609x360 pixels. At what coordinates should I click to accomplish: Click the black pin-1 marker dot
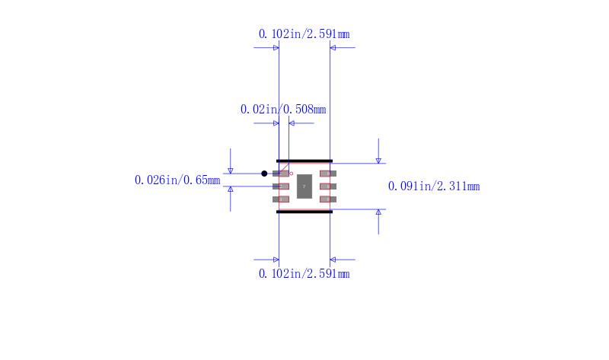pos(264,174)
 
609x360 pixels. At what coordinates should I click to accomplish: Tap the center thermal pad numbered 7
pos(304,186)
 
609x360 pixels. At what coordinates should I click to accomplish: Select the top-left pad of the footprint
pos(282,174)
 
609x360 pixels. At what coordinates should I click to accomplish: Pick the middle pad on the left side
pos(282,186)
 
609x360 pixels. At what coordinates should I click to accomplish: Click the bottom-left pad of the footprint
pos(282,199)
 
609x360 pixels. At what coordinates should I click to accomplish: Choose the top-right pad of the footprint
pos(328,174)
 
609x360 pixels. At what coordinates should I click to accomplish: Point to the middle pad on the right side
pos(328,186)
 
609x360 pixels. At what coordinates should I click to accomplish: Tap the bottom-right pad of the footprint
pos(328,199)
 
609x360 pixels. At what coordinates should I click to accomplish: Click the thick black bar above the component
pos(304,161)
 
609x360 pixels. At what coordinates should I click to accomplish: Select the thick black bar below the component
pos(304,212)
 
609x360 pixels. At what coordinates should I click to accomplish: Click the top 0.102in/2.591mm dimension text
pos(304,34)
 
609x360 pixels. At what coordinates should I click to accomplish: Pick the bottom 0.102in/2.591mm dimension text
pos(304,274)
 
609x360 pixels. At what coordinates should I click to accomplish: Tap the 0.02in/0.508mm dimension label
pos(283,110)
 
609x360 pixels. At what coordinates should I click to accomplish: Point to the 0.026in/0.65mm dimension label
pos(177,180)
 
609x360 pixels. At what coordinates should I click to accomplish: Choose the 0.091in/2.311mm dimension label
pos(434,186)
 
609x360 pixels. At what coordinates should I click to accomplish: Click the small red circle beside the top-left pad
pos(291,174)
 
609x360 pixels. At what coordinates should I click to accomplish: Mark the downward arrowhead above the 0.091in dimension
pos(378,160)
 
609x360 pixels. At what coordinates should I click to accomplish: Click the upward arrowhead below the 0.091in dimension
pos(378,212)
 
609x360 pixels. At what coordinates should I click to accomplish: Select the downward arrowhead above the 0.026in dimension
pos(231,170)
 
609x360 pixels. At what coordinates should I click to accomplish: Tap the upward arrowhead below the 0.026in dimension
pos(231,189)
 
